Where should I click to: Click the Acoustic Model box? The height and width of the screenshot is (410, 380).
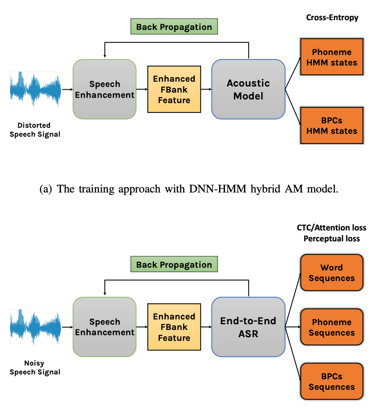[248, 89]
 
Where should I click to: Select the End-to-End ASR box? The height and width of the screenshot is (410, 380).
[248, 327]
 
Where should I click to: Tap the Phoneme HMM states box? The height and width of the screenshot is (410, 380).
[331, 57]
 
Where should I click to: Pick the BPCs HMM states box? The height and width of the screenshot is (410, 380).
[331, 125]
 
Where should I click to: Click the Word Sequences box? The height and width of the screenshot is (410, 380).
[331, 273]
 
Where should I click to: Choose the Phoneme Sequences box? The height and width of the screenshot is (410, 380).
[331, 327]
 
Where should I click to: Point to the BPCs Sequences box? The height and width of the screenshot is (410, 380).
[331, 381]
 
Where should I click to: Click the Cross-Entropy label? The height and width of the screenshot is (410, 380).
[332, 17]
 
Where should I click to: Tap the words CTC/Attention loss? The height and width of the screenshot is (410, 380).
[331, 228]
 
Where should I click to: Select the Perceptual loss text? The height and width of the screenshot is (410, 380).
[331, 239]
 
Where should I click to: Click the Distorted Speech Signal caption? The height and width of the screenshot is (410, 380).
[35, 130]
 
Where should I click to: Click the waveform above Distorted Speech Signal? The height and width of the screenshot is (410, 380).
[35, 89]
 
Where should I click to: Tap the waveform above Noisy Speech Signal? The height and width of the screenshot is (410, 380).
[35, 327]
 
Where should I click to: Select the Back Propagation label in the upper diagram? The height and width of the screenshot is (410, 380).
[174, 27]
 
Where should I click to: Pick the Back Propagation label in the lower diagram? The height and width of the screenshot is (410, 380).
[174, 265]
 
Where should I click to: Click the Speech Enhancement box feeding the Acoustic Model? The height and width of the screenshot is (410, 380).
[105, 89]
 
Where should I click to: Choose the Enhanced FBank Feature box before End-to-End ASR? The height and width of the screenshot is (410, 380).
[174, 327]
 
